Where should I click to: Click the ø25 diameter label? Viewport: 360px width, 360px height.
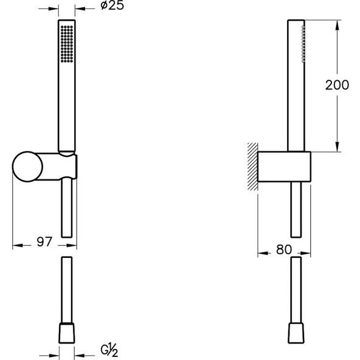click(x=112, y=5)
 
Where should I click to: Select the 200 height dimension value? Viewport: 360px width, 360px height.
click(x=337, y=85)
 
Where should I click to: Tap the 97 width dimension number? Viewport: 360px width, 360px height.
click(x=44, y=242)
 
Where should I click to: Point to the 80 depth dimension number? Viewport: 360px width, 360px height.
click(x=284, y=249)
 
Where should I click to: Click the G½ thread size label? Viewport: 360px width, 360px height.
click(x=109, y=350)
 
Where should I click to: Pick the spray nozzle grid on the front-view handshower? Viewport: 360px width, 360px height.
click(x=67, y=44)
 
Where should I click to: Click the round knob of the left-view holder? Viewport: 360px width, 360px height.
click(x=27, y=167)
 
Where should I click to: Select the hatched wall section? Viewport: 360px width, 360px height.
click(x=252, y=167)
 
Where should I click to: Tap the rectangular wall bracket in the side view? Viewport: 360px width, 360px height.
click(x=284, y=167)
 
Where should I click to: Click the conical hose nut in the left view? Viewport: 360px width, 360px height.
click(x=67, y=333)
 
